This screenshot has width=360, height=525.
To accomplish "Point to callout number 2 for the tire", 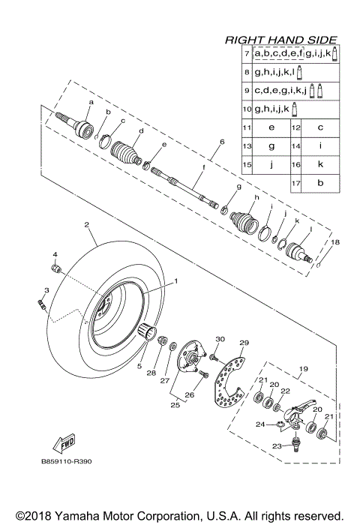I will [87, 224].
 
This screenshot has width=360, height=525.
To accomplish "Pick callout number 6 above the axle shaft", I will [222, 142].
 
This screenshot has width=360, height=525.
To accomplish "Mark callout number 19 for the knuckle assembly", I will [304, 370].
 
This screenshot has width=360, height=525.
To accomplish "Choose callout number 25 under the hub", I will [175, 405].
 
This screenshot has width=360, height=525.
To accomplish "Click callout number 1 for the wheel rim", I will [177, 280].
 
